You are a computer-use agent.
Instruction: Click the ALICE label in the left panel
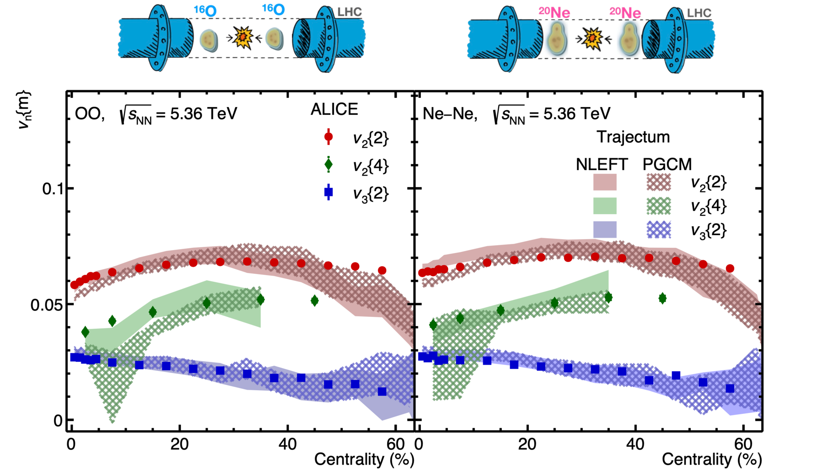334,109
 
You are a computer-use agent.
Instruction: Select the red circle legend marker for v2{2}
329,137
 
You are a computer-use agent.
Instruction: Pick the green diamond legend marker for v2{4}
329,165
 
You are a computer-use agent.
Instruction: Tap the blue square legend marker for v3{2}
329,192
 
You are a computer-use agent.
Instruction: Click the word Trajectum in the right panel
633,137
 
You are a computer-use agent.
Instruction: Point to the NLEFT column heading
602,164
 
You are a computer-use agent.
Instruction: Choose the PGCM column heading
667,164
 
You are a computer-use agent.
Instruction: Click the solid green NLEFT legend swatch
605,206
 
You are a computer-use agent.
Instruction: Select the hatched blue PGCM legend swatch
658,229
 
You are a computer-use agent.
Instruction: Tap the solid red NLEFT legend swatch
605,182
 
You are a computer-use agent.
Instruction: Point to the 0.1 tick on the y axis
52,189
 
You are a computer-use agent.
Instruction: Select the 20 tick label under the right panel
527,444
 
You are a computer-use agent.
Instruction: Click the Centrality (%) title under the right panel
712,459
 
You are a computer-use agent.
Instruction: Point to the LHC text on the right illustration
699,13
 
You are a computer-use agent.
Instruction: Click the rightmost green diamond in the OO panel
315,300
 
